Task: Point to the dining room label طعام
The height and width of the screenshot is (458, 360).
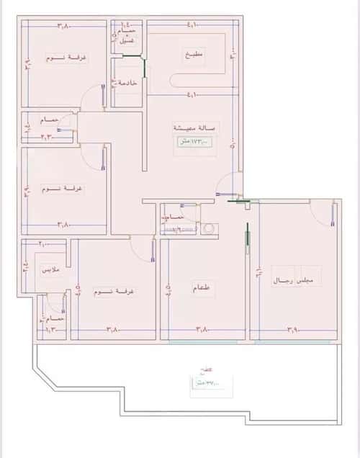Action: coord(202,288)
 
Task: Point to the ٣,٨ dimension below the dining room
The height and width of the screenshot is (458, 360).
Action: coord(202,330)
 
